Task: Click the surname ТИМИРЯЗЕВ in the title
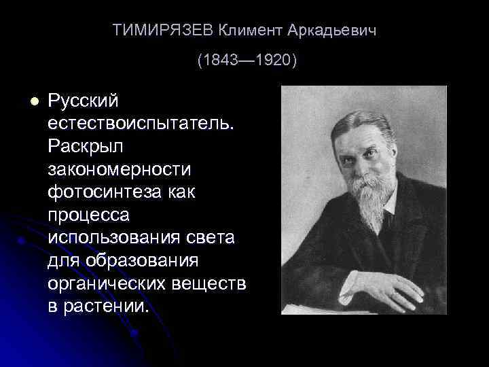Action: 162,31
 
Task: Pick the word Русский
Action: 83,101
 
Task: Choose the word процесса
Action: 88,215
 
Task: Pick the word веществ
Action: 209,283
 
